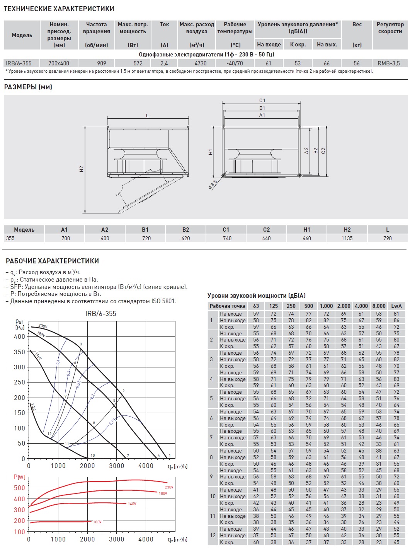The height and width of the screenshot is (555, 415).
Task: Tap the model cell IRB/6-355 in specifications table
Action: pyautogui.click(x=19, y=63)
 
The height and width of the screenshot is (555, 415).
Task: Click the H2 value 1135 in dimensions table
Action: pyautogui.click(x=347, y=238)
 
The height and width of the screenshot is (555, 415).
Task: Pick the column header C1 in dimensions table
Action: pyautogui.click(x=226, y=230)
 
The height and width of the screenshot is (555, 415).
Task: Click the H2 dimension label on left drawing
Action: pyautogui.click(x=82, y=169)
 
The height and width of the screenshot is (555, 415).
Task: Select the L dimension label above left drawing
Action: pyautogui.click(x=147, y=116)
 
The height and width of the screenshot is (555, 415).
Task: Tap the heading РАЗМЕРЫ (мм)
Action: pyautogui.click(x=28, y=87)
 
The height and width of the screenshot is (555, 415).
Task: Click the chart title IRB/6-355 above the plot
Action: pyautogui.click(x=100, y=314)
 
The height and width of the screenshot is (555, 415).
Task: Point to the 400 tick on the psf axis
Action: pyautogui.click(x=19, y=336)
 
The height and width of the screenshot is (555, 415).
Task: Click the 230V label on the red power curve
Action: pyautogui.click(x=169, y=487)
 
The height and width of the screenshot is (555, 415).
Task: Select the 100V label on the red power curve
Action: pyautogui.click(x=97, y=522)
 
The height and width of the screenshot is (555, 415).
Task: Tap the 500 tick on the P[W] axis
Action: pyautogui.click(x=19, y=488)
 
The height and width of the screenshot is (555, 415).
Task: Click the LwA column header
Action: pyautogui.click(x=396, y=306)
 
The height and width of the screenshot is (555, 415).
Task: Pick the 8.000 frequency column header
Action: pyautogui.click(x=379, y=306)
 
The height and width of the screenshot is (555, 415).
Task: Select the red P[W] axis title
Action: pyautogui.click(x=19, y=477)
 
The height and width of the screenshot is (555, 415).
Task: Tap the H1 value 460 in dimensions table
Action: pyautogui.click(x=307, y=238)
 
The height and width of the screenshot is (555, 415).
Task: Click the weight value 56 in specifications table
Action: pyautogui.click(x=357, y=63)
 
